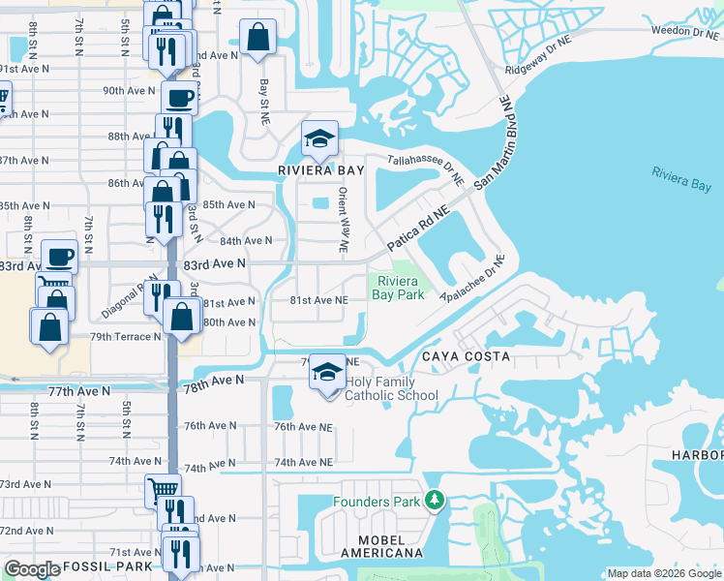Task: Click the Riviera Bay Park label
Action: pos(399,288)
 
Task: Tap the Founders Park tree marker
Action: pos(436,501)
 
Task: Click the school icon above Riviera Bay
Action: pos(318,138)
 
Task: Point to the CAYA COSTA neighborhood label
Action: pos(465,356)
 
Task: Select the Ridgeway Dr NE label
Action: pos(546,59)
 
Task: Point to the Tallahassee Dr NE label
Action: pos(426,170)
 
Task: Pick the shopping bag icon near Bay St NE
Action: pos(259,38)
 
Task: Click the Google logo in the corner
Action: pos(32,568)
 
